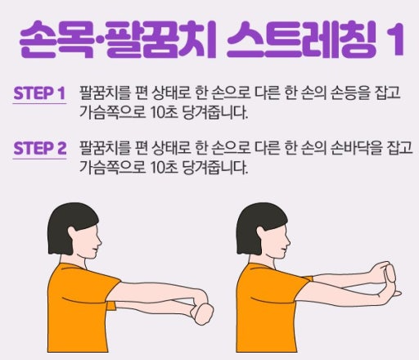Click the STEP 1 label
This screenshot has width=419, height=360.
pos(39,93)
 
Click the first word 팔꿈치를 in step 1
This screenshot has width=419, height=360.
pos(101,93)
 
